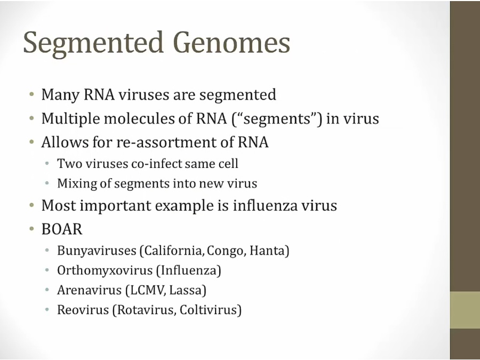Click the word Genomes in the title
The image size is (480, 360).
[231, 43]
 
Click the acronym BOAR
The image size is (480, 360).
[62, 229]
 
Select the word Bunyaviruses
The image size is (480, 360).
[97, 251]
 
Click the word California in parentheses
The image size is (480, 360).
[172, 251]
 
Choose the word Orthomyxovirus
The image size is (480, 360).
[105, 270]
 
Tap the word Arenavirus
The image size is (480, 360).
[90, 290]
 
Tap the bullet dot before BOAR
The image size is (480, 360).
[32, 229]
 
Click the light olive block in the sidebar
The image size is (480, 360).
[465, 310]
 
